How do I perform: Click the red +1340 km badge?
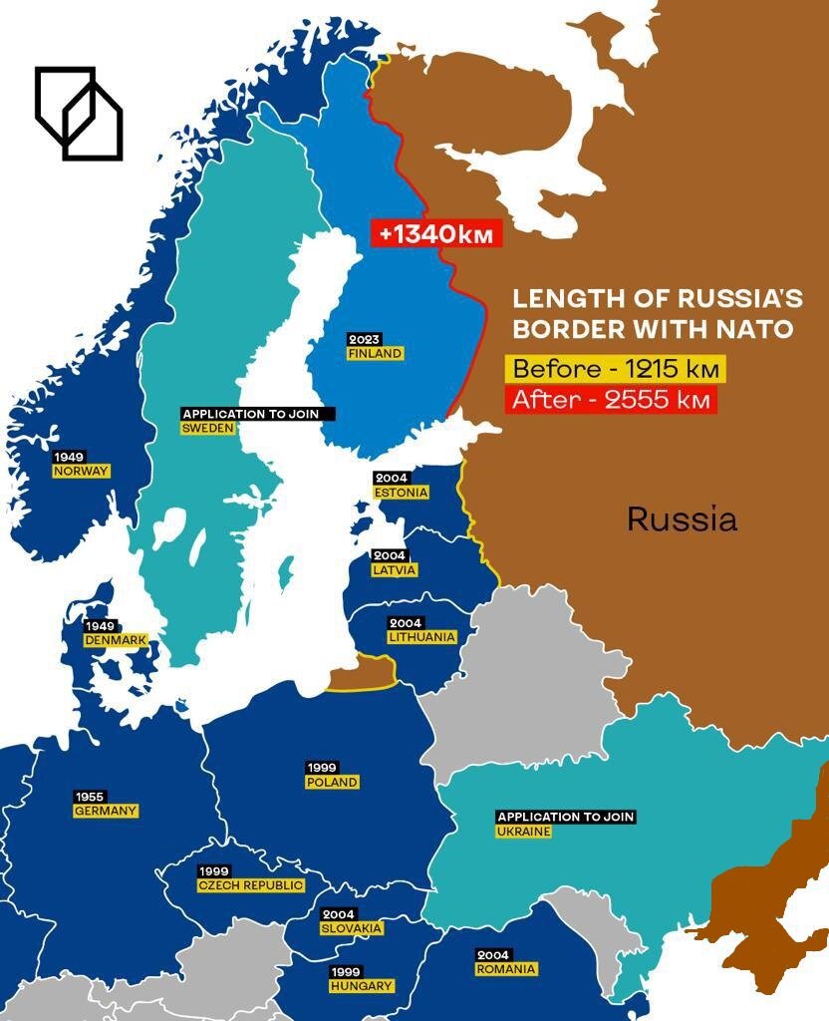(x=436, y=233)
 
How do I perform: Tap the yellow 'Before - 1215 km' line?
(x=615, y=369)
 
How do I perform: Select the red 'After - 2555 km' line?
(x=613, y=400)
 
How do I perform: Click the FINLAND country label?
(x=375, y=353)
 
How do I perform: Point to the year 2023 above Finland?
(x=364, y=340)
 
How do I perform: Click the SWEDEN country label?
(x=208, y=428)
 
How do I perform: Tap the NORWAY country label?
(x=82, y=471)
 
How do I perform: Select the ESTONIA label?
(x=402, y=493)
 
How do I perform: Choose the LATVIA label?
(x=394, y=569)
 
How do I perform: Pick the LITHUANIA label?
(x=422, y=636)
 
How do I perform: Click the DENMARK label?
(x=116, y=639)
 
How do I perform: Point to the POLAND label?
(x=332, y=782)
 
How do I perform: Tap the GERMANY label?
(x=106, y=811)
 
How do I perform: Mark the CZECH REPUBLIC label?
(x=251, y=885)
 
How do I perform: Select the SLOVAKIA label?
(x=351, y=928)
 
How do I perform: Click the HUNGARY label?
(x=362, y=985)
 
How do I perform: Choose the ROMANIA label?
(x=506, y=968)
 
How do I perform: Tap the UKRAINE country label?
(x=524, y=831)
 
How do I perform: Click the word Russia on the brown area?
(x=683, y=518)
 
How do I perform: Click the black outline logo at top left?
(x=79, y=113)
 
